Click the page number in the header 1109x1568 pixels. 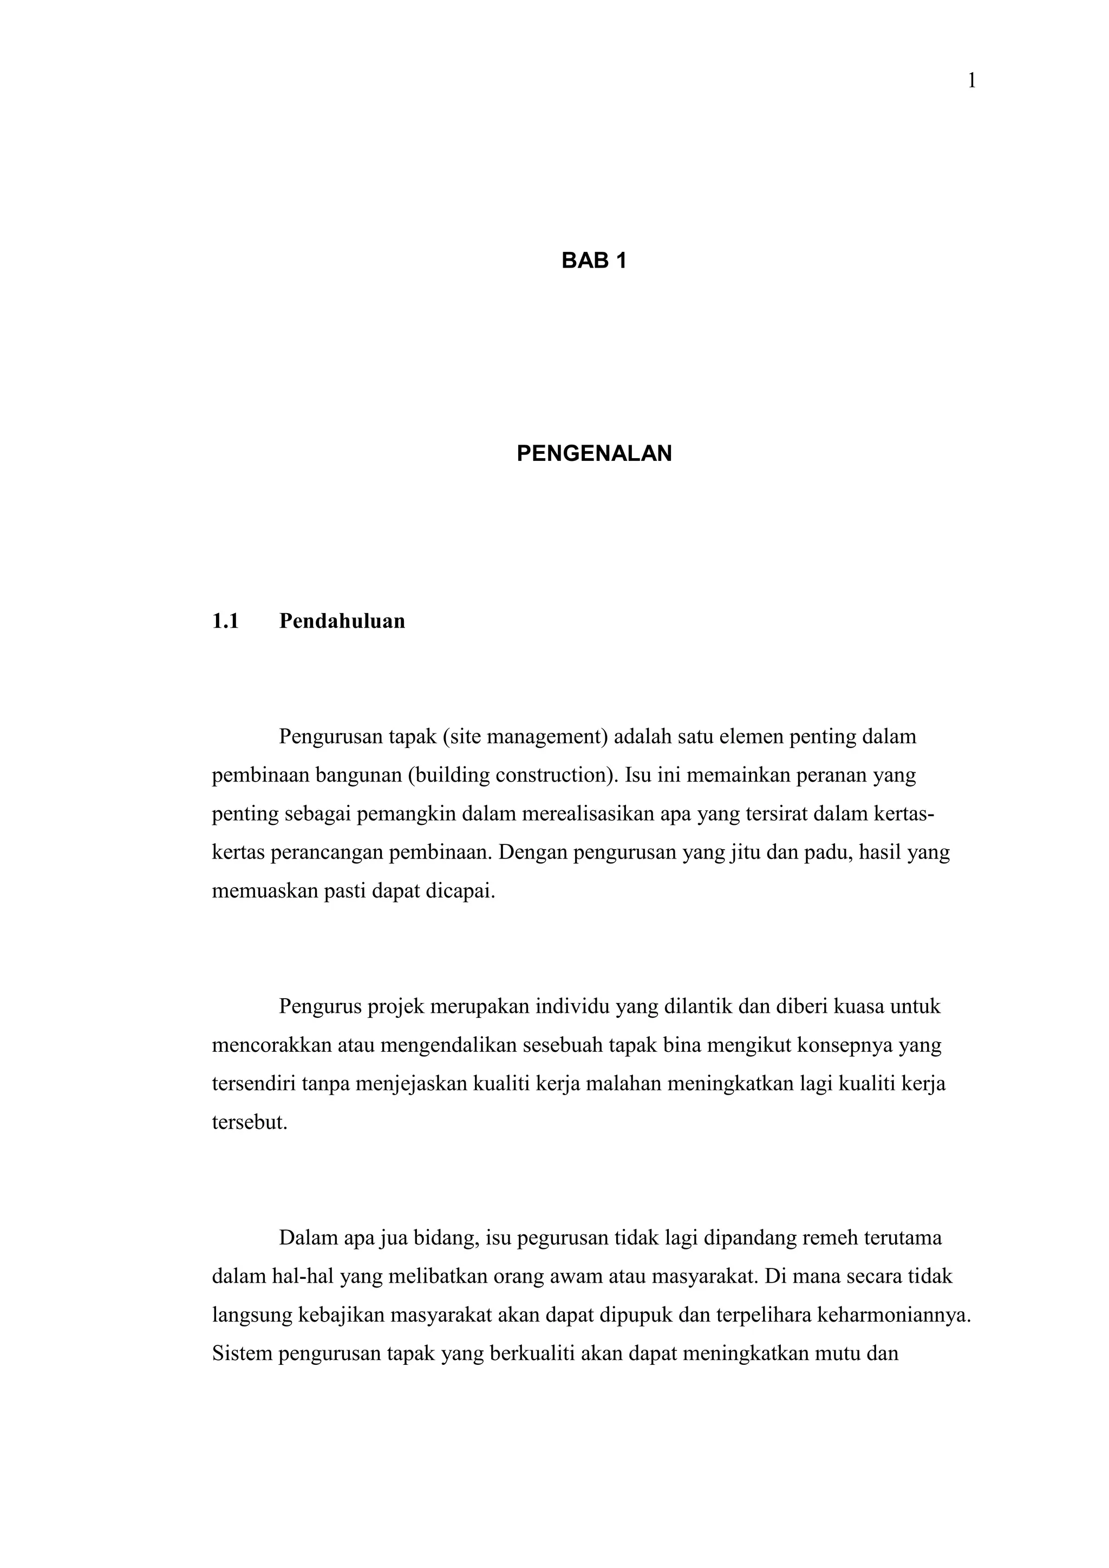coord(972,81)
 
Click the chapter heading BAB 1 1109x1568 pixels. coord(593,261)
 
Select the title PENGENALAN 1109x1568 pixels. coord(594,453)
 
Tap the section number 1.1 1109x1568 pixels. coord(225,621)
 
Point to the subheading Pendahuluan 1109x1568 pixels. coord(342,621)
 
